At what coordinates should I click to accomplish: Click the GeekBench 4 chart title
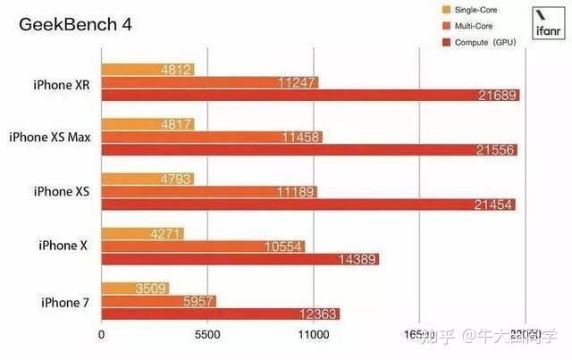tap(75, 24)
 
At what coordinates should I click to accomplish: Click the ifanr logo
tap(547, 23)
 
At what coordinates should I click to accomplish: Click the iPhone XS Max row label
tap(52, 138)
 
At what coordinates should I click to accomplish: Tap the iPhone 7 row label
tap(65, 303)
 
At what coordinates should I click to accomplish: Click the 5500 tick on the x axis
tap(207, 336)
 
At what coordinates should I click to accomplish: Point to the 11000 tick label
tap(313, 336)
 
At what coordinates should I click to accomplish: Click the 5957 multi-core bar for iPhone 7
tap(158, 301)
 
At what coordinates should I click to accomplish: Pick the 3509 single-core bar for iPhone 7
tap(135, 289)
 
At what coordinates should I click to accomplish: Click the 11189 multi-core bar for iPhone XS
tap(209, 192)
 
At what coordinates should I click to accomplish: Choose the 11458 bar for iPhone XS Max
tap(212, 138)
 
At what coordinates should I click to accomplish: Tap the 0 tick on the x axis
tap(102, 336)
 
